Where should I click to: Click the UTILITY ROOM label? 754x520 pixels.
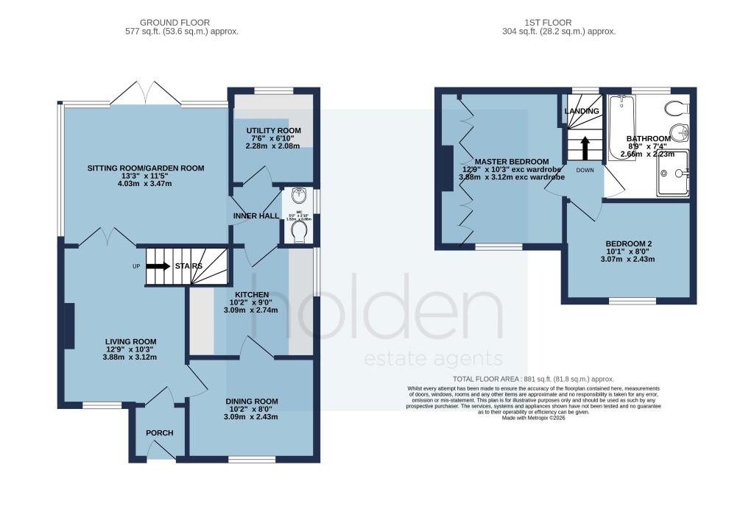click(273, 130)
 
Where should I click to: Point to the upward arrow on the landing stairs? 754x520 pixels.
click(586, 147)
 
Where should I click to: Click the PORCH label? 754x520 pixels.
click(159, 432)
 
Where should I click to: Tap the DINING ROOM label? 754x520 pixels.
click(252, 402)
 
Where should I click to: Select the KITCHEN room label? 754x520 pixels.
click(252, 294)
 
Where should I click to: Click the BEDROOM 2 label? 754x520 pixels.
click(629, 243)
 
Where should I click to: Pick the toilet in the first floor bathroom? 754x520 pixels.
click(674, 109)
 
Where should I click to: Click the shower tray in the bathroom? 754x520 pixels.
click(673, 174)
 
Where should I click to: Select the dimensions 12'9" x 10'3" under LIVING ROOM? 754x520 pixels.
click(132, 349)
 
